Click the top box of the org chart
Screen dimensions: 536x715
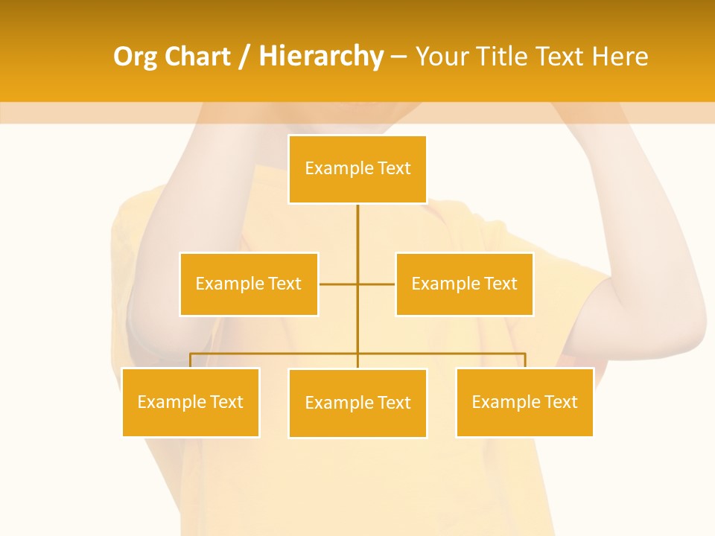(x=357, y=169)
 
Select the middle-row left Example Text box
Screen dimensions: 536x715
(x=249, y=284)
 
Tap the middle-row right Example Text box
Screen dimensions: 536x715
(x=464, y=284)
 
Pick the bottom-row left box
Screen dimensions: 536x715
(x=191, y=402)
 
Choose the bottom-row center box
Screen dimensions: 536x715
(x=357, y=403)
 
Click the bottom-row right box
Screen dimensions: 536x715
(x=524, y=402)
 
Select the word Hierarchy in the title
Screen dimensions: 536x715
(x=320, y=57)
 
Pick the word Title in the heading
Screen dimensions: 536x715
(x=502, y=57)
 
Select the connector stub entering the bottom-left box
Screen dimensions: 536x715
(x=191, y=360)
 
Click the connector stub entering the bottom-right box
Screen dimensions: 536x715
(x=525, y=360)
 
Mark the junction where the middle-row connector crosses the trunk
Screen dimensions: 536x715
(x=357, y=284)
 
